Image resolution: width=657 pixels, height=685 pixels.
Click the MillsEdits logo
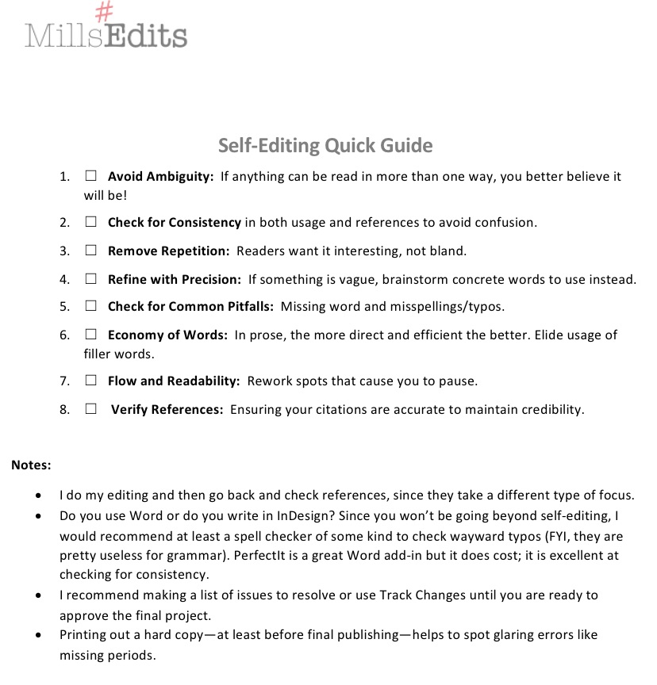[106, 32]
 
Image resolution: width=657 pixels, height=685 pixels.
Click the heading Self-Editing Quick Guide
[325, 146]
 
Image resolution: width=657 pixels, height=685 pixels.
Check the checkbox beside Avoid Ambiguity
[91, 176]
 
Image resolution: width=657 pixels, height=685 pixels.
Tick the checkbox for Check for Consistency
[91, 222]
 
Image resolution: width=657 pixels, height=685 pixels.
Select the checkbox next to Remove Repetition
[91, 251]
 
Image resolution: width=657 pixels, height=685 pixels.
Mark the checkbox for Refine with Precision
[91, 279]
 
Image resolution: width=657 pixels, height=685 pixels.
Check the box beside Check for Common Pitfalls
[91, 306]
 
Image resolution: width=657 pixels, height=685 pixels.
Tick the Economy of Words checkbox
[91, 335]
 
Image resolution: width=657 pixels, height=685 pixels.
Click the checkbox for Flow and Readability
[91, 381]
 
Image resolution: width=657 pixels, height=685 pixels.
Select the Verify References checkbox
[91, 409]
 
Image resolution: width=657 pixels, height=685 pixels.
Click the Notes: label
[31, 465]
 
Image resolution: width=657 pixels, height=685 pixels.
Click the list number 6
[64, 335]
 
